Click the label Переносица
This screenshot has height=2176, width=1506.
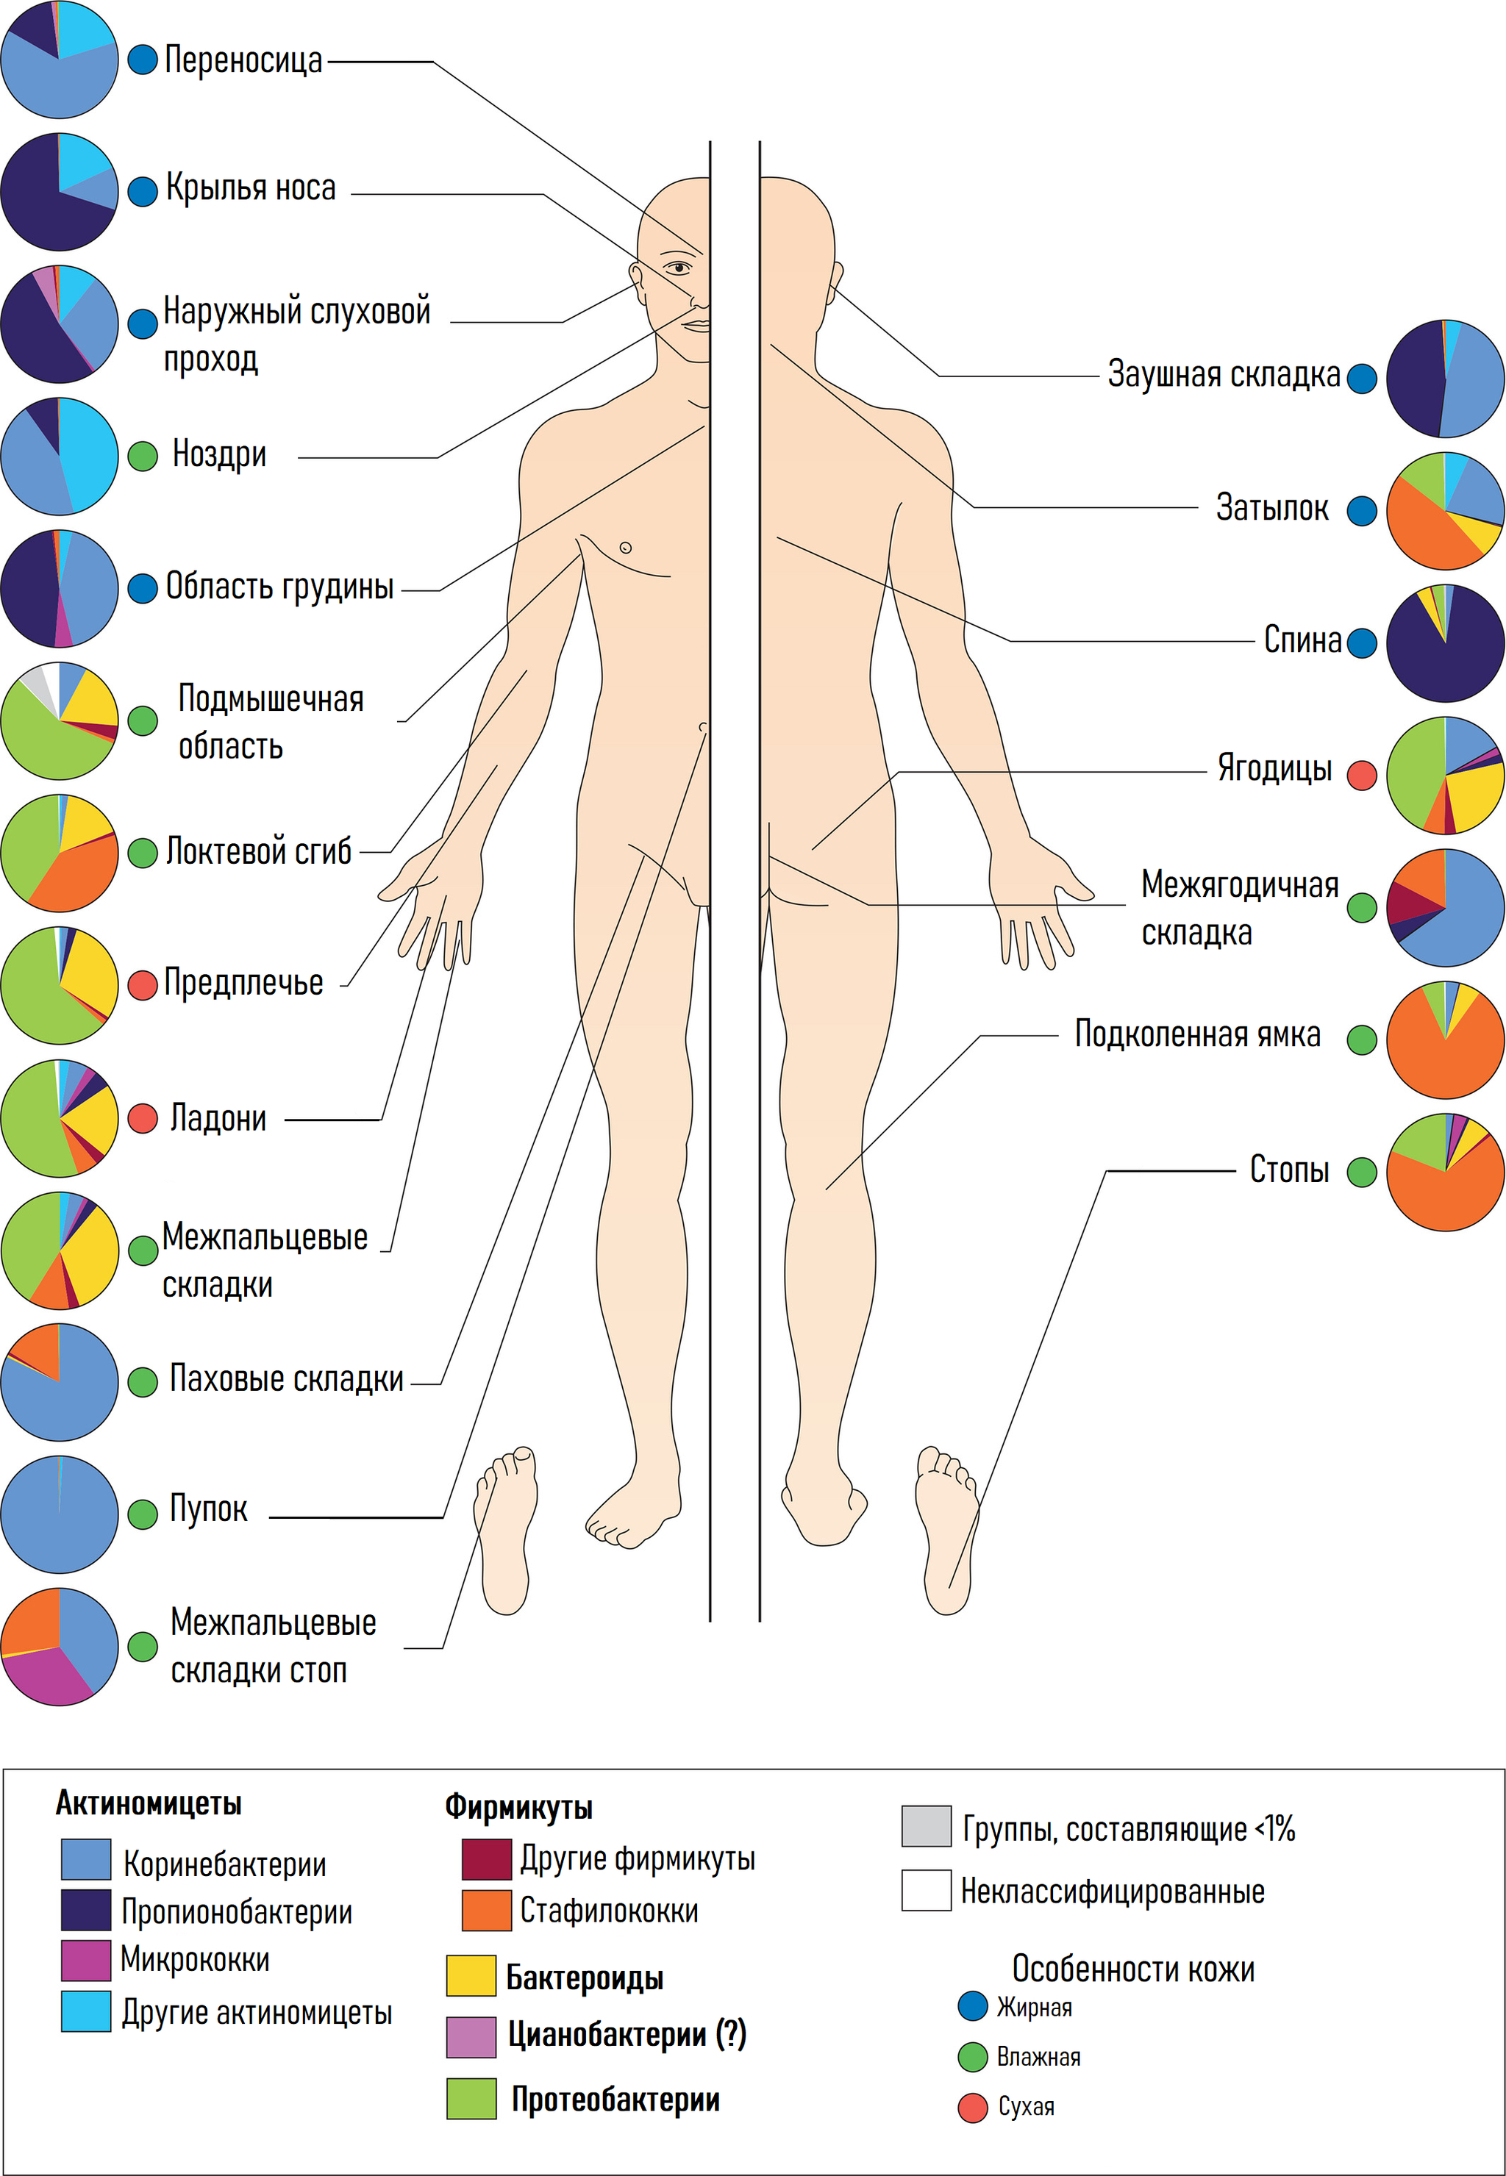coord(243,60)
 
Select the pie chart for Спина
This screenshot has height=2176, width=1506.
coord(1445,643)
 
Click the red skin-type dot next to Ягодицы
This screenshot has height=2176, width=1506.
coord(1362,776)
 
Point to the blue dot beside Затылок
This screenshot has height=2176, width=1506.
coord(1362,511)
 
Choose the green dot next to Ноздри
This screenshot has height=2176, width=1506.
coord(143,457)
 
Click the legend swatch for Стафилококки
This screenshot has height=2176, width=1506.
coord(486,1910)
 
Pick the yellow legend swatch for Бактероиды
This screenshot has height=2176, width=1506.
coord(471,1976)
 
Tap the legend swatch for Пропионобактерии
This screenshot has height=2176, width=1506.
coord(86,1910)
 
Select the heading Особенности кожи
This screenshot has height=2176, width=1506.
coord(1132,1969)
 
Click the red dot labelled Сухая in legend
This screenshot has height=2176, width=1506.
coord(972,2107)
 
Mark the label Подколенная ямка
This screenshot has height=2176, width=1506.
coord(1196,1035)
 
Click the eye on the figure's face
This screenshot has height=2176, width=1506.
coord(677,268)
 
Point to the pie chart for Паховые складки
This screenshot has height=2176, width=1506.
coord(60,1382)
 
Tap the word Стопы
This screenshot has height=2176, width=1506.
coord(1289,1170)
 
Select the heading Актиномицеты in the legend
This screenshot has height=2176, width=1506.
coord(148,1803)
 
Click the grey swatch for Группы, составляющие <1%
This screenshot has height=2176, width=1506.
coord(926,1826)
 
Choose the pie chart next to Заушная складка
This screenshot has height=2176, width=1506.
coord(1445,379)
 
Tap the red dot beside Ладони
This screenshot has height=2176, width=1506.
coord(143,1119)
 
